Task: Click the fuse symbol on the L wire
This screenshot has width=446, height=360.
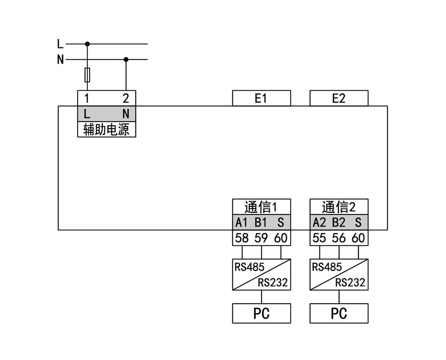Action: click(x=87, y=75)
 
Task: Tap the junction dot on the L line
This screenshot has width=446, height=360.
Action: click(x=87, y=44)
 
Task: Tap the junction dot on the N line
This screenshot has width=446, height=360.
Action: click(x=126, y=60)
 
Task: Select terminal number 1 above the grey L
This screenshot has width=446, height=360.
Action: click(x=87, y=99)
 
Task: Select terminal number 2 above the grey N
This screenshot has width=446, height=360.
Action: click(x=126, y=99)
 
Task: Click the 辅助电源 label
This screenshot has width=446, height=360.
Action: click(x=106, y=130)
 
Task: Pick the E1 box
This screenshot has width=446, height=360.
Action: click(x=261, y=98)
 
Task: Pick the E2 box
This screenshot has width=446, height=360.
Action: click(x=339, y=98)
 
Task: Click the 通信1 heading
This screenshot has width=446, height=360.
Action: click(x=261, y=207)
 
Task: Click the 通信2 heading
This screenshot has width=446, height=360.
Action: click(x=339, y=207)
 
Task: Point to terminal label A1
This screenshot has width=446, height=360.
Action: click(x=242, y=222)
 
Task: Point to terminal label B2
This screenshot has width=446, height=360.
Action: click(x=339, y=222)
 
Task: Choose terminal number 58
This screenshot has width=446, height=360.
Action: click(x=242, y=238)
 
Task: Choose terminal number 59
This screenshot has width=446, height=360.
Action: click(x=261, y=238)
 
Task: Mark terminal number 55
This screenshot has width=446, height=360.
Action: click(x=319, y=238)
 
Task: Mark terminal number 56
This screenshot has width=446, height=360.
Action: click(x=339, y=238)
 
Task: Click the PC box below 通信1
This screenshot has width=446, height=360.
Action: click(x=261, y=314)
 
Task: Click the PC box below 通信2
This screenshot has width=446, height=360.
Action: click(x=339, y=314)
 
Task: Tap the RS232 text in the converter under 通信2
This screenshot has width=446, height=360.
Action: click(x=350, y=283)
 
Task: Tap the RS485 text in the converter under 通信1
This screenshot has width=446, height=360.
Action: click(x=249, y=267)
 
